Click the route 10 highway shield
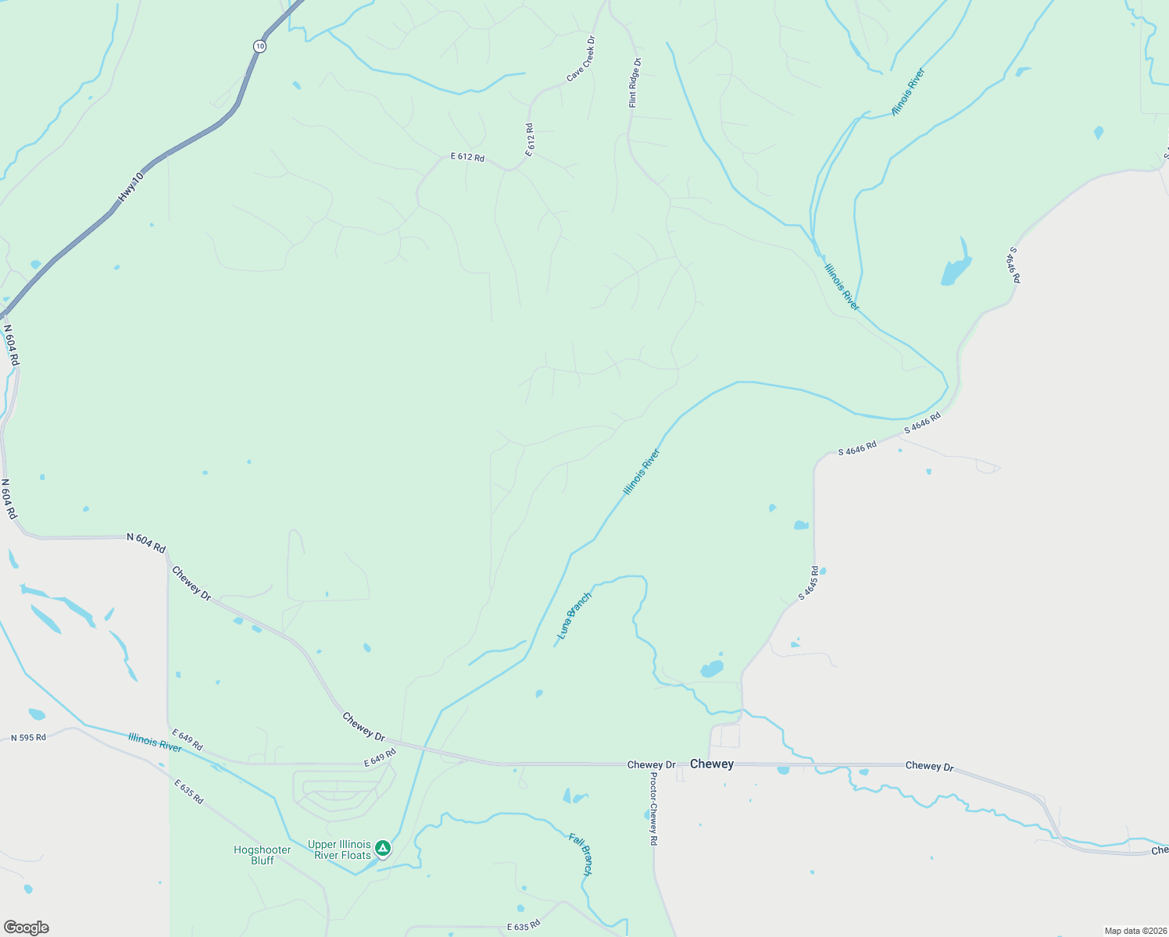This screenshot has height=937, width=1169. tap(259, 47)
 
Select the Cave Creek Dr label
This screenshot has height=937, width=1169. tap(581, 59)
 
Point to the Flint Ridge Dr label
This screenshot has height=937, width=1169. tap(635, 83)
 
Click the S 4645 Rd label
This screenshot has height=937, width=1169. tap(808, 583)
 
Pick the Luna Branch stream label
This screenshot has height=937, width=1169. tap(574, 616)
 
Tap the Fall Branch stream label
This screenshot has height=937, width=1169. tap(581, 854)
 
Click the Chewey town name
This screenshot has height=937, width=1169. tap(712, 764)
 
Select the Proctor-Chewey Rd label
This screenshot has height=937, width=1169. tap(653, 810)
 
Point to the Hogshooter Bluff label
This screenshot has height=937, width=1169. tap(263, 855)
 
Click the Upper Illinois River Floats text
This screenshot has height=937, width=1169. tap(340, 850)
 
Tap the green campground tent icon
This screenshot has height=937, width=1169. tap(382, 847)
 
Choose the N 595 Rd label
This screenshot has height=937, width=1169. tap(28, 737)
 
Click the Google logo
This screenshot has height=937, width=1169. tap(26, 928)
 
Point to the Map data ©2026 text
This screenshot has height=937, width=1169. tap(1134, 931)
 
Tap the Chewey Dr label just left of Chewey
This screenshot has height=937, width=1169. tap(651, 764)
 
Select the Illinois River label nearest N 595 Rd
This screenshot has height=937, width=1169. tap(155, 742)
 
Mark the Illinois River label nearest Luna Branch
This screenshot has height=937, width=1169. tap(642, 472)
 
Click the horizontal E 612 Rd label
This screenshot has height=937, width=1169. tap(467, 157)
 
